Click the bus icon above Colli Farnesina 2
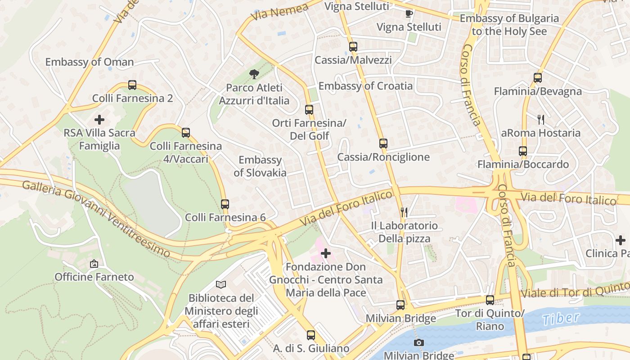coord(132,85)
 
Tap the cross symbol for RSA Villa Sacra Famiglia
coord(99,120)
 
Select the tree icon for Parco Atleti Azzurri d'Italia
coord(254,74)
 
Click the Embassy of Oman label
coord(90,62)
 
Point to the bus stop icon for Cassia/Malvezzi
coord(353,46)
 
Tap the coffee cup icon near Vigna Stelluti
coord(409,13)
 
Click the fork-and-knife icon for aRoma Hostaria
coord(541,120)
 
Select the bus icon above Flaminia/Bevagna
coord(538,78)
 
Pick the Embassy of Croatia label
coord(365,86)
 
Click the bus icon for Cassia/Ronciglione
coord(383,144)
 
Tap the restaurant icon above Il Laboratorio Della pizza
coord(404,212)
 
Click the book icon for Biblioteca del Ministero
coord(221,284)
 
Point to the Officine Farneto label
coord(94,277)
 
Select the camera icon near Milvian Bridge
coord(419,343)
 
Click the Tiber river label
coord(561,318)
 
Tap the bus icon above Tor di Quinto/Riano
coord(490,300)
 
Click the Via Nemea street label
coord(280,12)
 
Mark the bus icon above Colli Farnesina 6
coord(225,204)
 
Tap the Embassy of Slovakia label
coord(260,166)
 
